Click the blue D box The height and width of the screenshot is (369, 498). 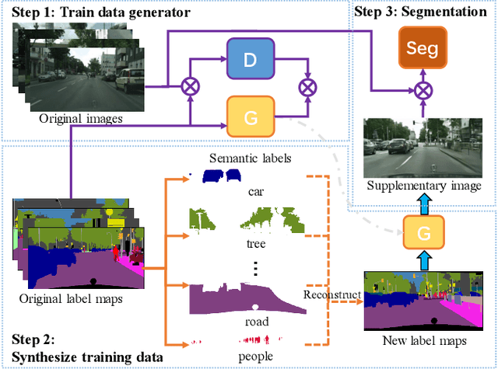[x=250, y=57]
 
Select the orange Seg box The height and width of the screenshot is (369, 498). [x=421, y=48]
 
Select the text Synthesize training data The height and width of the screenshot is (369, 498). [x=87, y=357]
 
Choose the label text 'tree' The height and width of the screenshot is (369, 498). [x=256, y=243]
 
